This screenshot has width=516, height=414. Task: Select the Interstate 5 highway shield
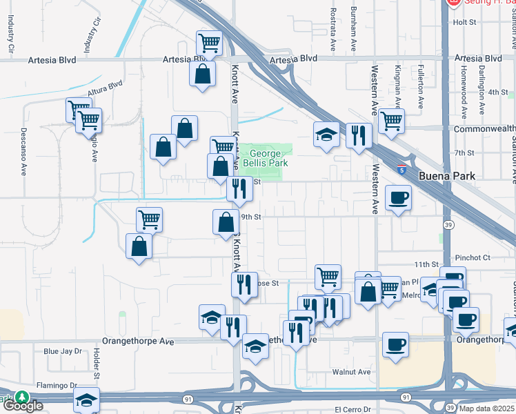tap(401, 169)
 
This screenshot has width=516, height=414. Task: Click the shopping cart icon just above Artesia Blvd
tap(209, 43)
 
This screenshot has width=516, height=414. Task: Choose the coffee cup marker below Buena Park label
tap(398, 198)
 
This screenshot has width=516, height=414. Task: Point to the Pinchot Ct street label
tap(472, 257)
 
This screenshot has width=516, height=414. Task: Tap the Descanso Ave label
tap(23, 142)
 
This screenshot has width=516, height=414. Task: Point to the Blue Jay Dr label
tap(61, 351)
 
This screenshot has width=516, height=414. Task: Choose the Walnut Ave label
tap(353, 372)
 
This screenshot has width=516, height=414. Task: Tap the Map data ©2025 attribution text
tap(486, 408)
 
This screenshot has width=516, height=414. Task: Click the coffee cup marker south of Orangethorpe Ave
tap(395, 345)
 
